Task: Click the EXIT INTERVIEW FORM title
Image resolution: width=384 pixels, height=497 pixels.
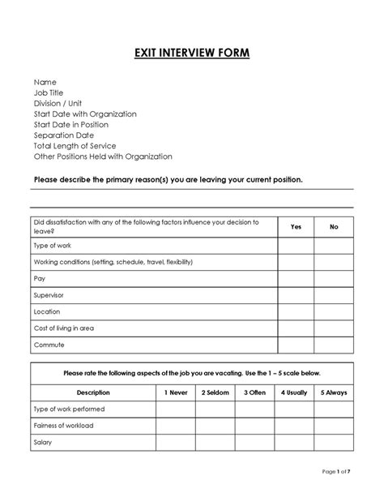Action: click(x=192, y=54)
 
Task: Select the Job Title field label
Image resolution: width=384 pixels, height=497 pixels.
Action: click(x=49, y=93)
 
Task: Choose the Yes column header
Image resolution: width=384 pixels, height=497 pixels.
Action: click(x=296, y=227)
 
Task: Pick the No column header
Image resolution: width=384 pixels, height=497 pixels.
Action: click(x=334, y=227)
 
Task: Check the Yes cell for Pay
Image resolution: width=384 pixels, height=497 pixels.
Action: click(x=296, y=279)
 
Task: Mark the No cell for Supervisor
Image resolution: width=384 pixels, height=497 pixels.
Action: click(x=334, y=295)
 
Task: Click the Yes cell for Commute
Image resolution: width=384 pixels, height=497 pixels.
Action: click(x=296, y=345)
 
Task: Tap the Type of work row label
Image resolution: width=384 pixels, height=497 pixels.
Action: click(x=52, y=246)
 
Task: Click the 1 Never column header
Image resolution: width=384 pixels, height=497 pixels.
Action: click(x=175, y=392)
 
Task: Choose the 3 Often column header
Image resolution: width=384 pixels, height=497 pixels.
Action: click(x=254, y=392)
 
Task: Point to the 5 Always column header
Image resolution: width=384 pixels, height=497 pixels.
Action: click(x=334, y=392)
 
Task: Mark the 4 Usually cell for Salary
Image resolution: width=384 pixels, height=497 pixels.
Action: click(x=294, y=443)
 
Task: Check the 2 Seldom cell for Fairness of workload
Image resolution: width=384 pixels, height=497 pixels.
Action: click(x=215, y=426)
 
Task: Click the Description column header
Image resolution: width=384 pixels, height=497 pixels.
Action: click(x=93, y=392)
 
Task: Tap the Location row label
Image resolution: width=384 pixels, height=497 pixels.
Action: click(x=47, y=311)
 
